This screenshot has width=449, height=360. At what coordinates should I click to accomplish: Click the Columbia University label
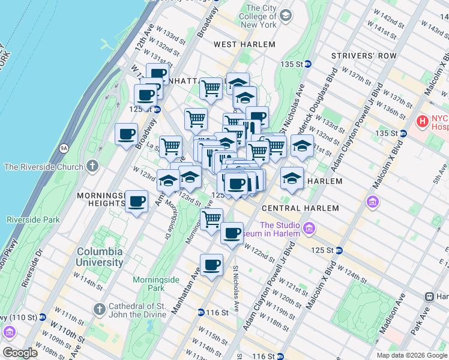100,257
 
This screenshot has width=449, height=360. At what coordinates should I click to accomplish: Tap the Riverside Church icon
91,166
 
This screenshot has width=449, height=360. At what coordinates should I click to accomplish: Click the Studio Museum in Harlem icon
309,228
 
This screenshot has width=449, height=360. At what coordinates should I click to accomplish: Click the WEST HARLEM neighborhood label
244,44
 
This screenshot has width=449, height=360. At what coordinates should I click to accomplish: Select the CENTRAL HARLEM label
300,208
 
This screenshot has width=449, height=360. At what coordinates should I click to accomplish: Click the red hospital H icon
423,121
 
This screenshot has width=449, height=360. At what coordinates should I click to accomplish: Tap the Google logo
20,353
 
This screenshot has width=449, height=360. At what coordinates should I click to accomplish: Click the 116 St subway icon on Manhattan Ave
200,313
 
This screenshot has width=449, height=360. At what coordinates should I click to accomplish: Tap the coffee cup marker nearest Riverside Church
126,134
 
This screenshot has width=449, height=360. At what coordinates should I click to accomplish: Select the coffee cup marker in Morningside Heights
137,201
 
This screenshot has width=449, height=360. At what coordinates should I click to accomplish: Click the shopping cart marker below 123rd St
211,220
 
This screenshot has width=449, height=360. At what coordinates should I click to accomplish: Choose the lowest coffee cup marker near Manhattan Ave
211,265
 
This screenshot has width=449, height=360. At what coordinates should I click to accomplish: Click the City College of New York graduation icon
286,14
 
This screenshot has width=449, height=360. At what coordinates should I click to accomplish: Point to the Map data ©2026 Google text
412,355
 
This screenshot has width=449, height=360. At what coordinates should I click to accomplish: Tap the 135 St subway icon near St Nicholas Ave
307,64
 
